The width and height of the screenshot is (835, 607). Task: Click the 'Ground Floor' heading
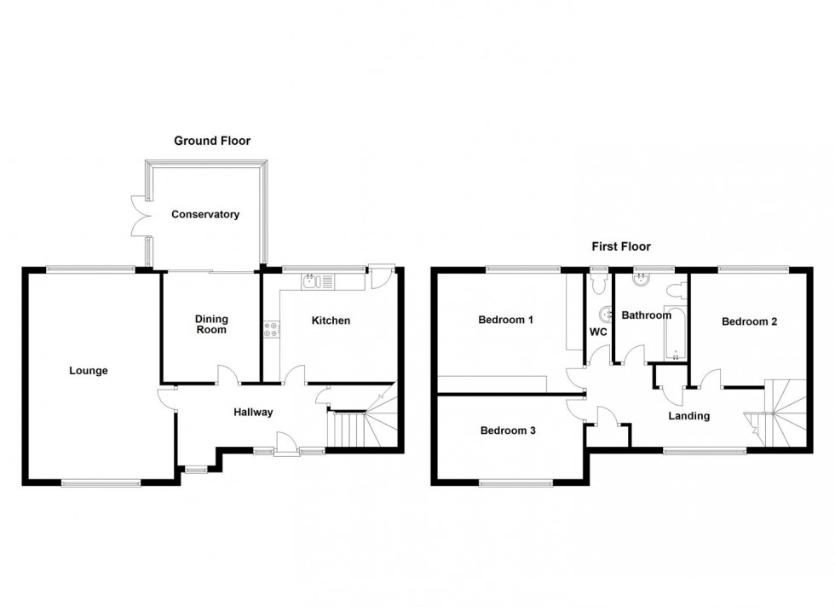(212, 141)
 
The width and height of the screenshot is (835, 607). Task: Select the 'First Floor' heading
(622, 246)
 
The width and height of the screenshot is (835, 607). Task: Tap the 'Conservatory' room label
(205, 215)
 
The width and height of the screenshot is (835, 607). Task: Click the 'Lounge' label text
(89, 371)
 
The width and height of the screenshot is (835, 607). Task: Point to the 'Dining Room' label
(211, 324)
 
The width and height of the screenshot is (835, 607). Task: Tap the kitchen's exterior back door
(380, 276)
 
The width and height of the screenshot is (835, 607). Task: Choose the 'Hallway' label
(253, 413)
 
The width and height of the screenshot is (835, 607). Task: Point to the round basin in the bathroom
(638, 277)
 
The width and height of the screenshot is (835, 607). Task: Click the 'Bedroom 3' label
(508, 431)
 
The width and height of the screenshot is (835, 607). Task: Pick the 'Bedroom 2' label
(749, 321)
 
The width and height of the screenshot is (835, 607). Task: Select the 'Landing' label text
(688, 416)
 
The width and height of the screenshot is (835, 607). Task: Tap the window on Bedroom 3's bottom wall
(515, 483)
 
